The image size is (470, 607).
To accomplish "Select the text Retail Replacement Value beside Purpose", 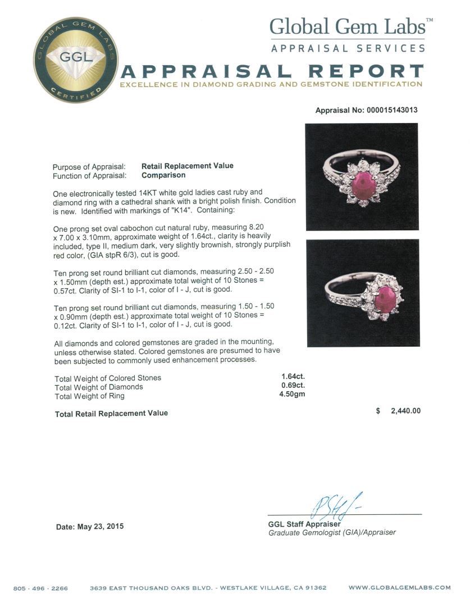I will pyautogui.click(x=187, y=166).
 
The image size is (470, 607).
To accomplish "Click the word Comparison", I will pyautogui.click(x=163, y=175).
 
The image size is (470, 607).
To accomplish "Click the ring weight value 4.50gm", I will pyautogui.click(x=292, y=395).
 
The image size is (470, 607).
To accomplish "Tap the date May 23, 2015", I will pyautogui.click(x=90, y=527).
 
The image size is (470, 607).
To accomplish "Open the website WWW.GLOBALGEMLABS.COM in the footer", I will pyautogui.click(x=399, y=587).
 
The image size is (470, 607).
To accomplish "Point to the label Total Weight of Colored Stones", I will pyautogui.click(x=108, y=378).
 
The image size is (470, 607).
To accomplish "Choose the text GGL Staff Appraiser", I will pyautogui.click(x=304, y=524).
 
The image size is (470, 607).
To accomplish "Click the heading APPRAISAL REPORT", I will pyautogui.click(x=272, y=71).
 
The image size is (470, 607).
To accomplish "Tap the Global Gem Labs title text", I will pyautogui.click(x=348, y=26).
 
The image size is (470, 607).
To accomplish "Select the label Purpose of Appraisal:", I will pyautogui.click(x=89, y=166).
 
